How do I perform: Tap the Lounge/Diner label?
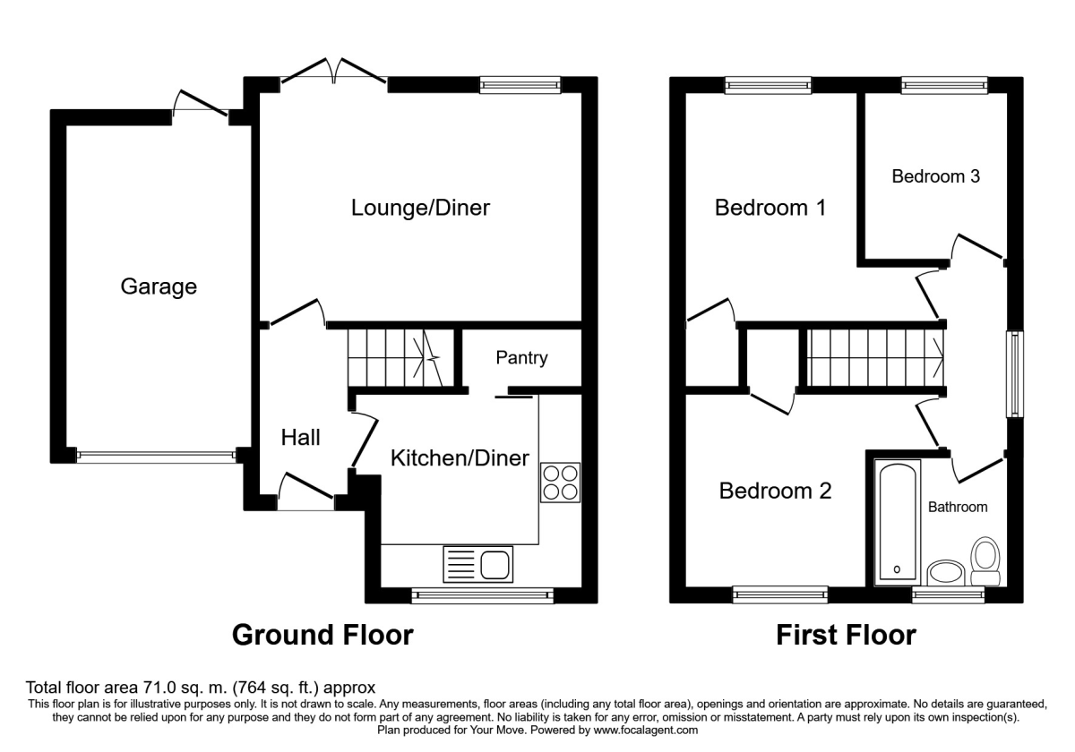(x=420, y=208)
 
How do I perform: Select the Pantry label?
(x=521, y=358)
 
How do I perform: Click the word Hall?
(x=301, y=438)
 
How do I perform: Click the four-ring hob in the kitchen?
(x=561, y=483)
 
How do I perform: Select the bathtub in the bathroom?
(x=897, y=520)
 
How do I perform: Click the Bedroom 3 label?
(x=935, y=176)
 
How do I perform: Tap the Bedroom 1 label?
(x=770, y=208)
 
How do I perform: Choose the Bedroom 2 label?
(x=775, y=491)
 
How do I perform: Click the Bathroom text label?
(x=957, y=507)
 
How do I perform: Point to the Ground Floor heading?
(x=322, y=636)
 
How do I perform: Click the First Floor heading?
(x=846, y=636)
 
